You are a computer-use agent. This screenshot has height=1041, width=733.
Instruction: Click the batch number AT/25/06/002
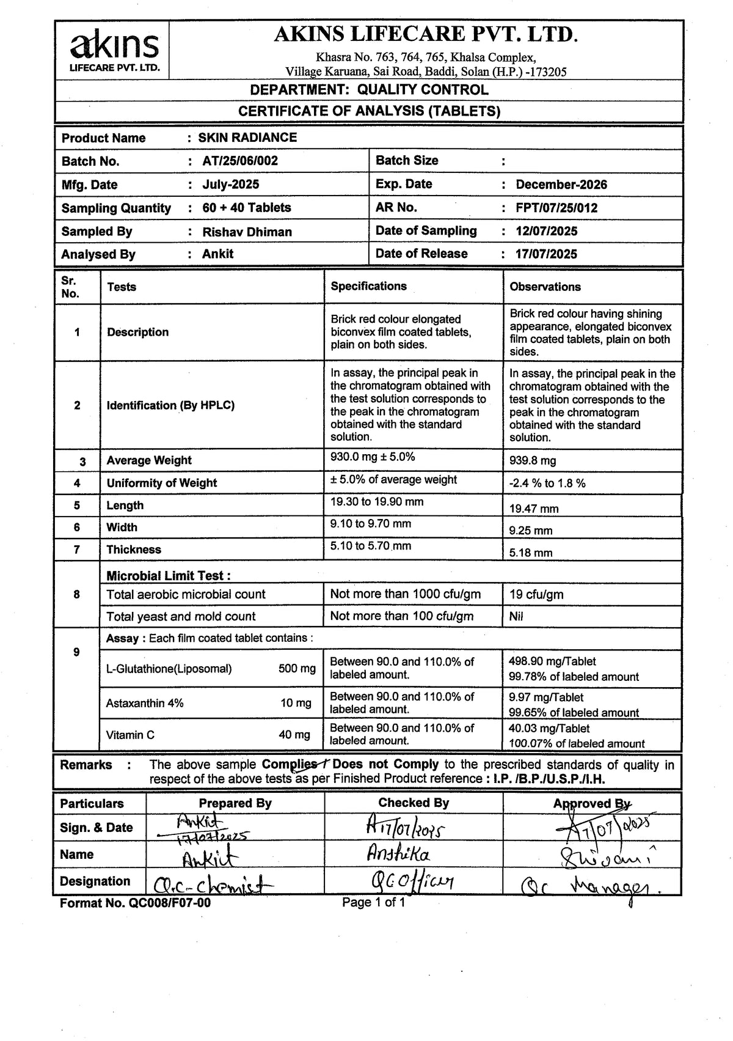coord(240,161)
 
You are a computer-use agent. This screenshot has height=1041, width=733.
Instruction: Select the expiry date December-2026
coord(561,185)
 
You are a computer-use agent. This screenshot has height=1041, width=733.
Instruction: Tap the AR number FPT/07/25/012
coord(556,208)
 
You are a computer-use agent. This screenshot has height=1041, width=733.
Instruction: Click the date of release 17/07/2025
coord(546,254)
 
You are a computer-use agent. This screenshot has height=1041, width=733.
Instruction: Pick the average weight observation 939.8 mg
coord(533,461)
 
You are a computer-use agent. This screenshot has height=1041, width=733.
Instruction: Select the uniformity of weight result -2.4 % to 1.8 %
coord(547,484)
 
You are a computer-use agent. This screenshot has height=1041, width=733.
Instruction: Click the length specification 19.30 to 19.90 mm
coord(377,502)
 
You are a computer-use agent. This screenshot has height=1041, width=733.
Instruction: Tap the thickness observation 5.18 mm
coord(531,553)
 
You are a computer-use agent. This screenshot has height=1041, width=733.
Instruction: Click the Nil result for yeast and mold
coord(516,617)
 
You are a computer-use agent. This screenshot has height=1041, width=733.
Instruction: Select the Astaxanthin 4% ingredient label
coord(145,703)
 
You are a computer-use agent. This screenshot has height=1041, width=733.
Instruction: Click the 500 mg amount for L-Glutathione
coord(297,669)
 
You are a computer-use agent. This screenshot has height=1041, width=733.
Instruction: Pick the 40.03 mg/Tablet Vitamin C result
coord(549,729)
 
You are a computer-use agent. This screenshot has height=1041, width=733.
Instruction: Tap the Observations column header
coord(545,287)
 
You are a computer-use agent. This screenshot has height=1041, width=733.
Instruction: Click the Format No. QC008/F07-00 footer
coord(135,903)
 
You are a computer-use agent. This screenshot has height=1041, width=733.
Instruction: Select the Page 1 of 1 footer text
coord(373,902)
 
